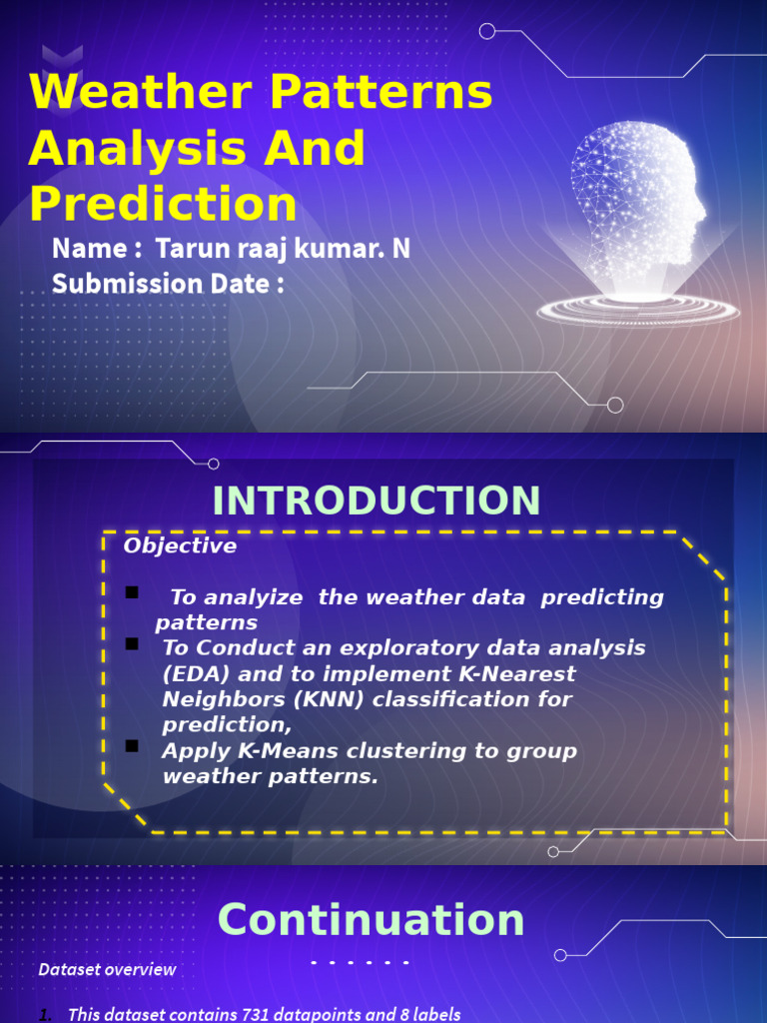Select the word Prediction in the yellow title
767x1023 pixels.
[x=164, y=204]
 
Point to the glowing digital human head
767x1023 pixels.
[x=638, y=195]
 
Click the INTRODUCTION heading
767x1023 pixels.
[x=377, y=501]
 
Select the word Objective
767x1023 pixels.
[x=180, y=546]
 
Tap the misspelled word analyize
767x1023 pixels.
[x=238, y=597]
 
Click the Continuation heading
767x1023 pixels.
[x=372, y=919]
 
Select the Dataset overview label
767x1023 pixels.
[x=107, y=969]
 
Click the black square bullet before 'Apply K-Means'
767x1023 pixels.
[x=132, y=746]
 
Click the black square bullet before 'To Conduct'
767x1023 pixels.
[x=132, y=644]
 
